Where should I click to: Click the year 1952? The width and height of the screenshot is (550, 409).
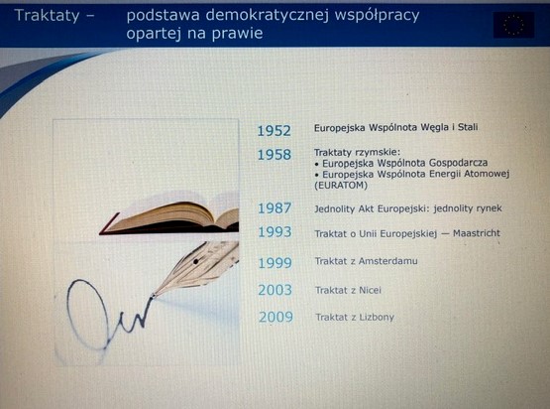coord(274,131)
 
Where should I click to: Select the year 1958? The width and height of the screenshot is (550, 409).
coord(274,155)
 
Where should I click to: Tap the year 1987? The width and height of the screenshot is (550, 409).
coord(275,208)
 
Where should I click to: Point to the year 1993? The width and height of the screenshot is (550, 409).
coord(275,232)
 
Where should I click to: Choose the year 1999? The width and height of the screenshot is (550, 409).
coord(275,263)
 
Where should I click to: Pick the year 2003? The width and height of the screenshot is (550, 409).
coord(275,290)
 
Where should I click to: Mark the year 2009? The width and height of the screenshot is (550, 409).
coord(275,317)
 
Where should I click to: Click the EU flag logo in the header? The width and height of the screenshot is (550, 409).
coord(513,25)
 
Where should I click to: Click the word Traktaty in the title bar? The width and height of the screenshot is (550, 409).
coord(47,16)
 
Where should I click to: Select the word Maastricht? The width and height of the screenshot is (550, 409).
coord(477,233)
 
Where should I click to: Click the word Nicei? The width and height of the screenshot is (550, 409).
coord(370,290)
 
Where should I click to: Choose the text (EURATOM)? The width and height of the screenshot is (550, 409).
coord(341,186)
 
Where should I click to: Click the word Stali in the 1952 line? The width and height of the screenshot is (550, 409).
coord(468,127)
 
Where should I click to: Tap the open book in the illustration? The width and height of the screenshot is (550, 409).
coord(169,217)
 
